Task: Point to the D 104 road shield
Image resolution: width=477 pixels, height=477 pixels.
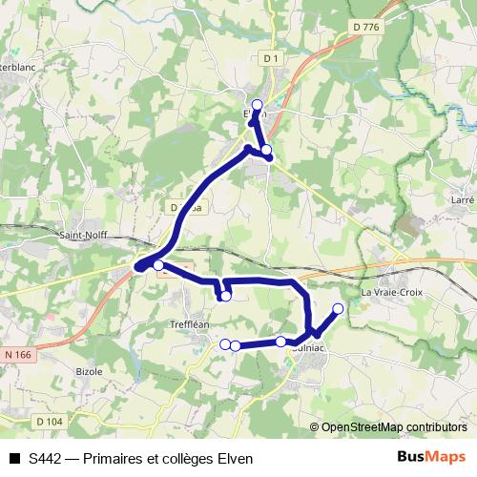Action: coord(50,421)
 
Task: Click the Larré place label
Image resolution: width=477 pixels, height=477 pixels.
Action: coord(463,200)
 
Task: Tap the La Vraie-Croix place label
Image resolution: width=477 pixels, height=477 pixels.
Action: coord(392,291)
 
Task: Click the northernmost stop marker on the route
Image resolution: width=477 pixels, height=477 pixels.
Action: coord(257,104)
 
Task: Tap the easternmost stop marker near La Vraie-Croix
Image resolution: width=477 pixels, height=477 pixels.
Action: coord(338,308)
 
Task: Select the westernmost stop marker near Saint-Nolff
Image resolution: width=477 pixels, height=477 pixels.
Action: coord(158,265)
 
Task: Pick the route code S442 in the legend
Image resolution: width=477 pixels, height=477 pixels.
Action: coord(46,459)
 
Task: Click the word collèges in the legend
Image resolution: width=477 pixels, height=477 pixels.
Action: coord(189,459)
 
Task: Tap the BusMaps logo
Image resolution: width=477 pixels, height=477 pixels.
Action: coord(431,457)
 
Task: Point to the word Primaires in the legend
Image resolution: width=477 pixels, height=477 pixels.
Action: coord(115,459)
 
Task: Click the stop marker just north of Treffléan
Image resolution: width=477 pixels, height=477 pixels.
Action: coord(225,297)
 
